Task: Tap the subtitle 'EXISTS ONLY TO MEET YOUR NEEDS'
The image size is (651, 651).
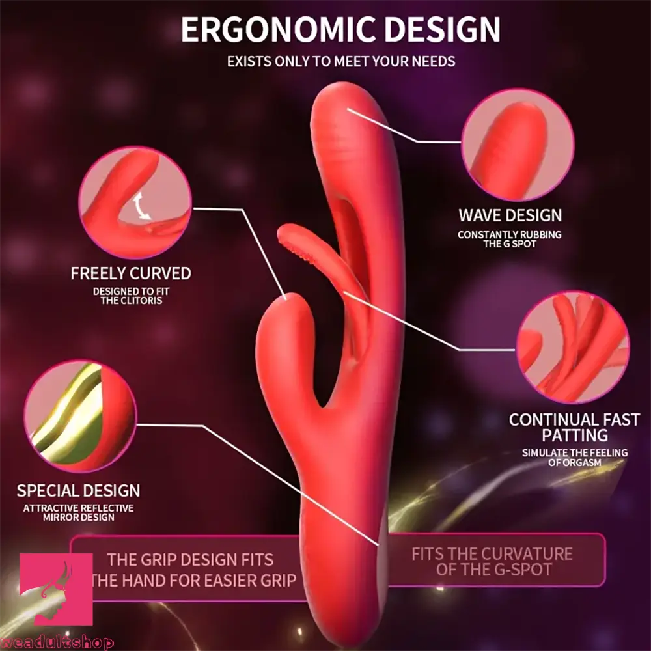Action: click(341, 62)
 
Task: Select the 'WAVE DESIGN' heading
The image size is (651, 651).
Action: click(510, 215)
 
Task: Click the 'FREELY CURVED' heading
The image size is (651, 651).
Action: click(131, 273)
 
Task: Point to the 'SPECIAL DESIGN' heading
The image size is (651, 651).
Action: click(78, 490)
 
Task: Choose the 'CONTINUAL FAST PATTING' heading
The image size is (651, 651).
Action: click(574, 427)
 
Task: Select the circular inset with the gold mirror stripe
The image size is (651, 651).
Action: click(79, 417)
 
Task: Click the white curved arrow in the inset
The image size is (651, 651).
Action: click(139, 207)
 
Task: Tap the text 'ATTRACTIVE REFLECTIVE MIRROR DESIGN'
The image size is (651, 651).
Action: click(78, 512)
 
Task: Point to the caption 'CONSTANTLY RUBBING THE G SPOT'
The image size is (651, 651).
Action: click(510, 239)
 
